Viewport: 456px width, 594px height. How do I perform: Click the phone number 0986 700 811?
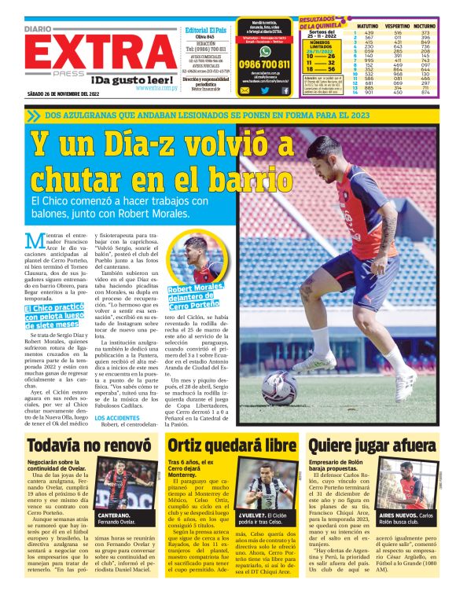(x=263, y=64)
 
